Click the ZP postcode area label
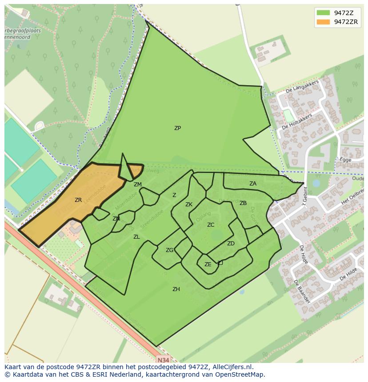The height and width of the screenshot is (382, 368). pyautogui.click(x=177, y=128)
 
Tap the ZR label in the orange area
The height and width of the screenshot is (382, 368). pyautogui.click(x=78, y=200)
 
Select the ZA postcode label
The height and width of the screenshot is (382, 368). pyautogui.click(x=253, y=184)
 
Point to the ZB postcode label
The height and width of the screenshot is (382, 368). pyautogui.click(x=243, y=203)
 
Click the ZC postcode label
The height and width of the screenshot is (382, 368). pyautogui.click(x=211, y=225)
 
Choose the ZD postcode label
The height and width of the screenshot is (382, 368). pyautogui.click(x=231, y=244)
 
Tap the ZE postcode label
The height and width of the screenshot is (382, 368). pyautogui.click(x=208, y=264)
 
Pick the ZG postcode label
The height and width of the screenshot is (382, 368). pyautogui.click(x=169, y=250)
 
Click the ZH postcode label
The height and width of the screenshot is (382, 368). pyautogui.click(x=176, y=289)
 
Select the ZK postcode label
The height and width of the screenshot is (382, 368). pyautogui.click(x=189, y=205)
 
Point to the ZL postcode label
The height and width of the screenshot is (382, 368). pyautogui.click(x=136, y=237)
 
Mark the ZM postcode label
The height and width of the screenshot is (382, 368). pyautogui.click(x=138, y=185)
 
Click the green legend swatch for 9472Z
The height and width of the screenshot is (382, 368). pyautogui.click(x=323, y=13)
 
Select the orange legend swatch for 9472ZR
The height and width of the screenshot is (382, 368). pyautogui.click(x=323, y=22)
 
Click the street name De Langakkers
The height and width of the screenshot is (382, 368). pyautogui.click(x=302, y=87)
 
